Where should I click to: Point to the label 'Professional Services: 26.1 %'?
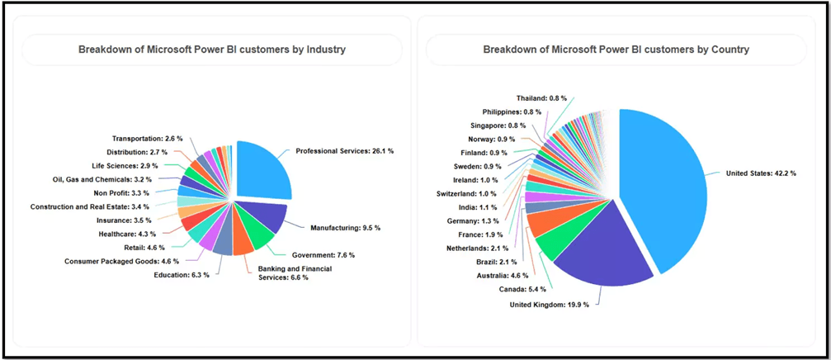click(x=344, y=152)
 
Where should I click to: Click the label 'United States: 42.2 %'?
click(x=760, y=173)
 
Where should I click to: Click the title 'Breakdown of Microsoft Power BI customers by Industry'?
click(x=212, y=50)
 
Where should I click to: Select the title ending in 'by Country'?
click(x=616, y=50)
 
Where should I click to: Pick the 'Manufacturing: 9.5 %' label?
click(x=345, y=227)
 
